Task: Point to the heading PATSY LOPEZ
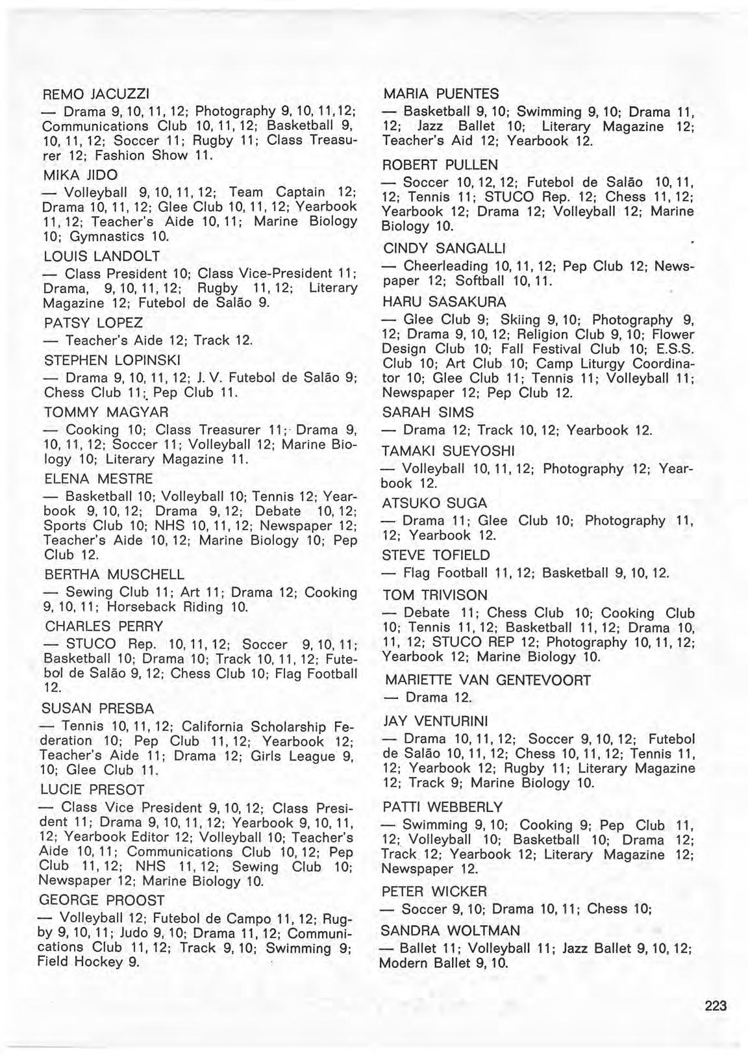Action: click(93, 323)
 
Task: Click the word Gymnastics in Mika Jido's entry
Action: click(114, 236)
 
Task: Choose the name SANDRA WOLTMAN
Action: click(442, 930)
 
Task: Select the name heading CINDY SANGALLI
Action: click(445, 249)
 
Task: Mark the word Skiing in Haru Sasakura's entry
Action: click(521, 320)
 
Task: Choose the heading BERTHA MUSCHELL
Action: click(114, 575)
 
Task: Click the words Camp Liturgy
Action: click(582, 363)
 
